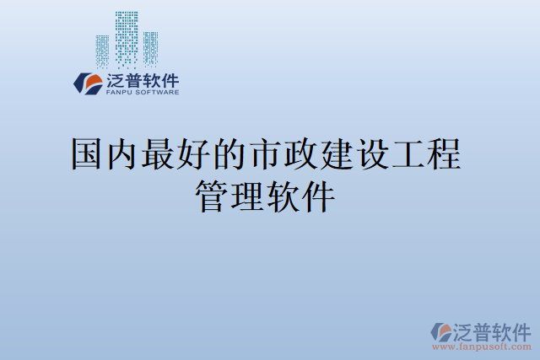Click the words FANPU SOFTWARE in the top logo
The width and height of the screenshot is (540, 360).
(142, 92)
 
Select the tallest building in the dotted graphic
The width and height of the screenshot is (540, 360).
(127, 38)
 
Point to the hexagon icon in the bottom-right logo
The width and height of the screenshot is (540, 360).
(441, 330)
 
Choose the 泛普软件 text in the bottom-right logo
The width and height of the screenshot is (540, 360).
(494, 330)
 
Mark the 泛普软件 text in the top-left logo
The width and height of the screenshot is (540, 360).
(142, 80)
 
